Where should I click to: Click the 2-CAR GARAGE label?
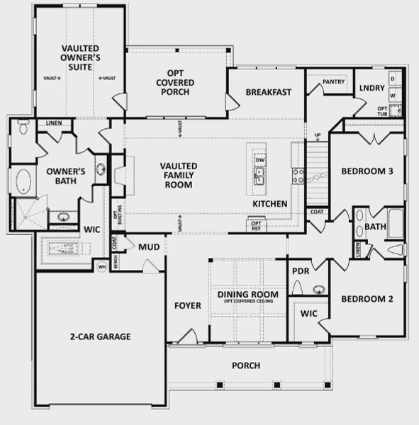tap(100, 336)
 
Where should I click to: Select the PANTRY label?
tap(333, 82)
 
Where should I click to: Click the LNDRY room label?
tap(371, 89)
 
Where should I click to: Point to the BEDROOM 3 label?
tap(367, 171)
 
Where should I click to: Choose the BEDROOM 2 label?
tap(367, 298)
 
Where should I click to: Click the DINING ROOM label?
tap(248, 294)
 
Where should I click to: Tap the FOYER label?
tap(188, 306)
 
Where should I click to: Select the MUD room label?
tap(148, 247)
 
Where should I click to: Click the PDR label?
tap(300, 271)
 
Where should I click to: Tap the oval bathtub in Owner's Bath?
tap(24, 182)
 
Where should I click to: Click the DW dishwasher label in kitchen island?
tap(259, 159)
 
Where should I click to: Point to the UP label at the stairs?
tap(317, 135)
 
